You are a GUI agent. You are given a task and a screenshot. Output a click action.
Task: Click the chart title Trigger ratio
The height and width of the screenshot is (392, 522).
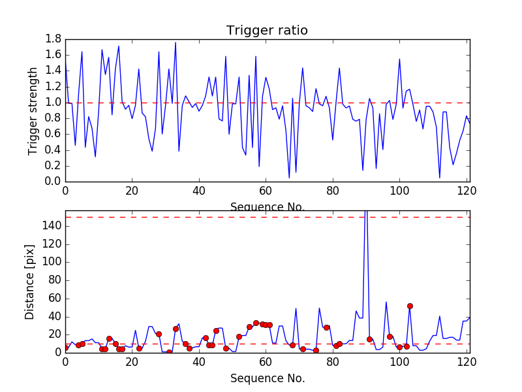[267, 31]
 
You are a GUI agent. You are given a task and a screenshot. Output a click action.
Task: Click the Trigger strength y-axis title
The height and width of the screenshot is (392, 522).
[33, 110]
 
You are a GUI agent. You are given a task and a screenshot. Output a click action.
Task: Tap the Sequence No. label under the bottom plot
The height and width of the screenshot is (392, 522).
[267, 378]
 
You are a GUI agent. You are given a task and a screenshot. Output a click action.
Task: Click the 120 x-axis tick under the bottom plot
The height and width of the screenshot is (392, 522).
[466, 363]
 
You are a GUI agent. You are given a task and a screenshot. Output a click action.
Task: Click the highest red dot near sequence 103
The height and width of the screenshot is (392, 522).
[410, 306]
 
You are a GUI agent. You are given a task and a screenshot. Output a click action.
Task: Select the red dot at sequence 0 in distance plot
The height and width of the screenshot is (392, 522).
[65, 348]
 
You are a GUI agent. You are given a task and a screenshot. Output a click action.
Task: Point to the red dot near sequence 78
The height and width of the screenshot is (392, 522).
[326, 327]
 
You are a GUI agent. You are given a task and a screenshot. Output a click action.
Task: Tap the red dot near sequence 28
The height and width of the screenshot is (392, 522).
[159, 334]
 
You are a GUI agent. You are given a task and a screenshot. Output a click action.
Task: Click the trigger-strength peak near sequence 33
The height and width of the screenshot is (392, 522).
[176, 43]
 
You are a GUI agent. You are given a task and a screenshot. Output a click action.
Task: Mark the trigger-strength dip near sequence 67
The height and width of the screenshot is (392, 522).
[289, 177]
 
